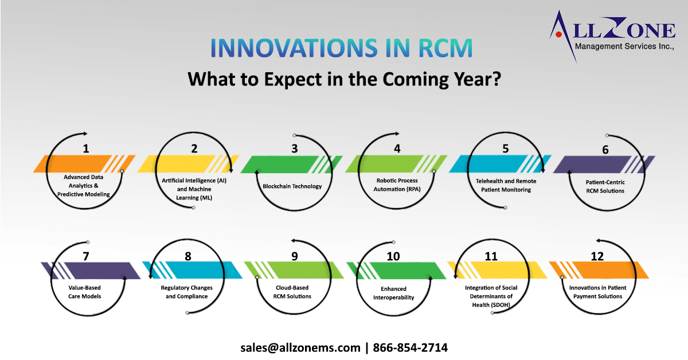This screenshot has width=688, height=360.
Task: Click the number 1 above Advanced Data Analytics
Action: point(86,149)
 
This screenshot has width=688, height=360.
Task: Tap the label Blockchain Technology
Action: point(292,186)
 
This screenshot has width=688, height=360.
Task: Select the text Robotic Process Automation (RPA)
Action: point(397,185)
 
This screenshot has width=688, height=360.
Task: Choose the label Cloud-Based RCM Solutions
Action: point(292,292)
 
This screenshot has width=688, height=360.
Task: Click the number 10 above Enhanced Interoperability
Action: point(393,256)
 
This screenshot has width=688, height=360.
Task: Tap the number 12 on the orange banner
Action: point(597,256)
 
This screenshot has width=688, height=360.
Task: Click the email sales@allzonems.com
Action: point(300,347)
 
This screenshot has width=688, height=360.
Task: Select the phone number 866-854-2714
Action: point(411,347)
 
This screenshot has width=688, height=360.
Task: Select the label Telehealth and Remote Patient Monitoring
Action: point(506,185)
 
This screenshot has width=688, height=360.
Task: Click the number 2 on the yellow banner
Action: point(194,149)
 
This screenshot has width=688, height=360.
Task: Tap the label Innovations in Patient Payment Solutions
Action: point(596,292)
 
